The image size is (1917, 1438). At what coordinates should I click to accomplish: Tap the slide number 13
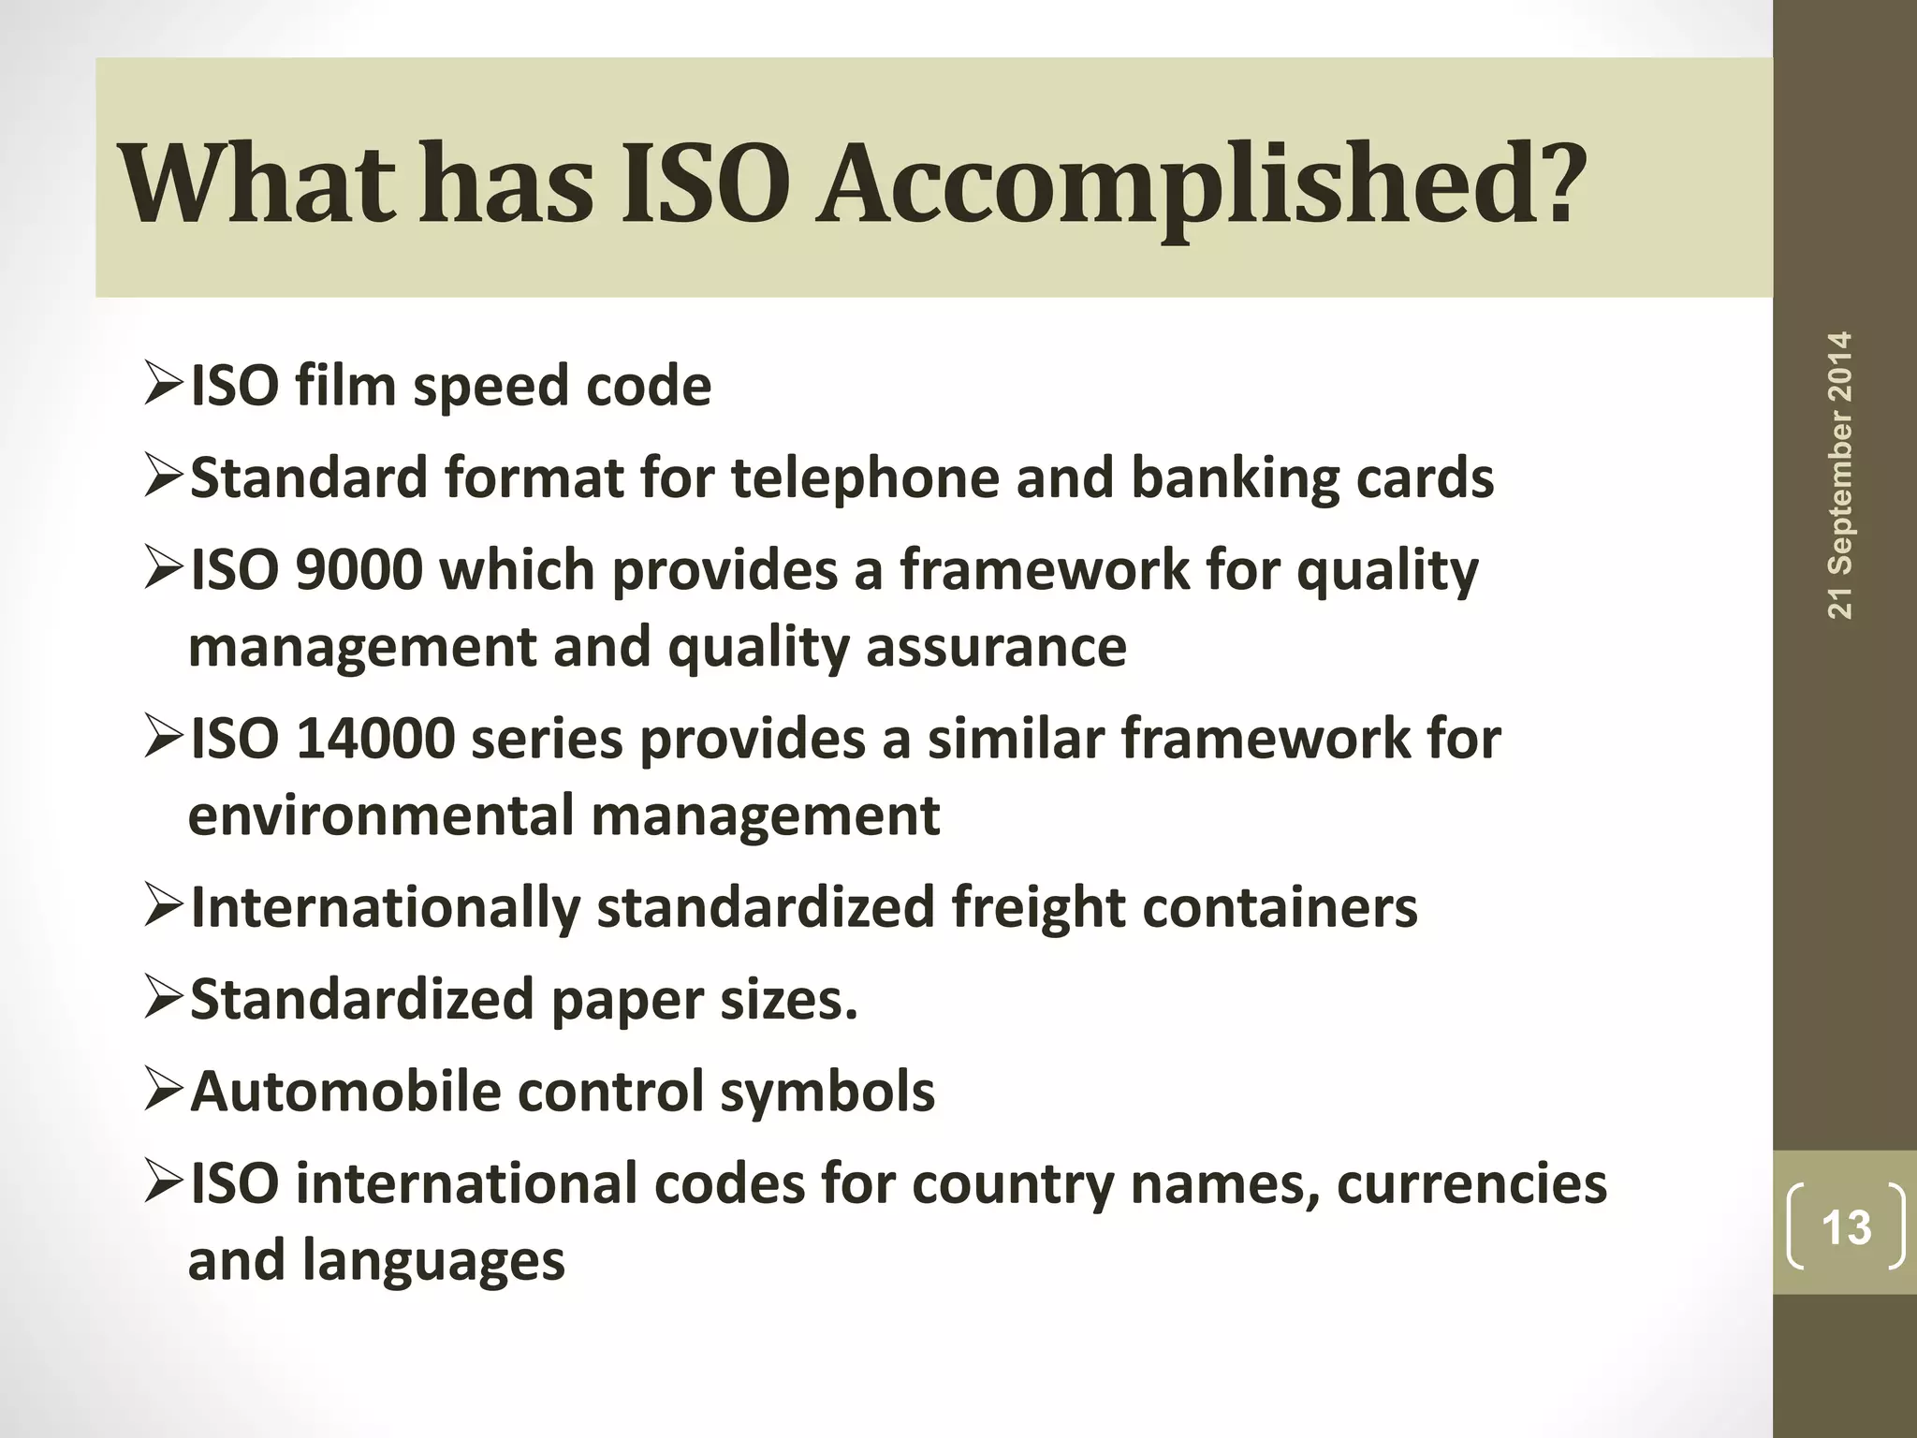(x=1846, y=1227)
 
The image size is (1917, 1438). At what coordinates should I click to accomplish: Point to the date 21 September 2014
(x=1840, y=475)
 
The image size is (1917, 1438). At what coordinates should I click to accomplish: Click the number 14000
(x=375, y=739)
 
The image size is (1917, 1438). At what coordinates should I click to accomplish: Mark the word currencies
(x=1471, y=1183)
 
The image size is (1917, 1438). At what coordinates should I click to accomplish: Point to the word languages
(x=433, y=1260)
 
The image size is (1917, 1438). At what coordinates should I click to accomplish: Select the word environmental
(x=381, y=815)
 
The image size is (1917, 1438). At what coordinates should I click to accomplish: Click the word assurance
(x=996, y=647)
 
